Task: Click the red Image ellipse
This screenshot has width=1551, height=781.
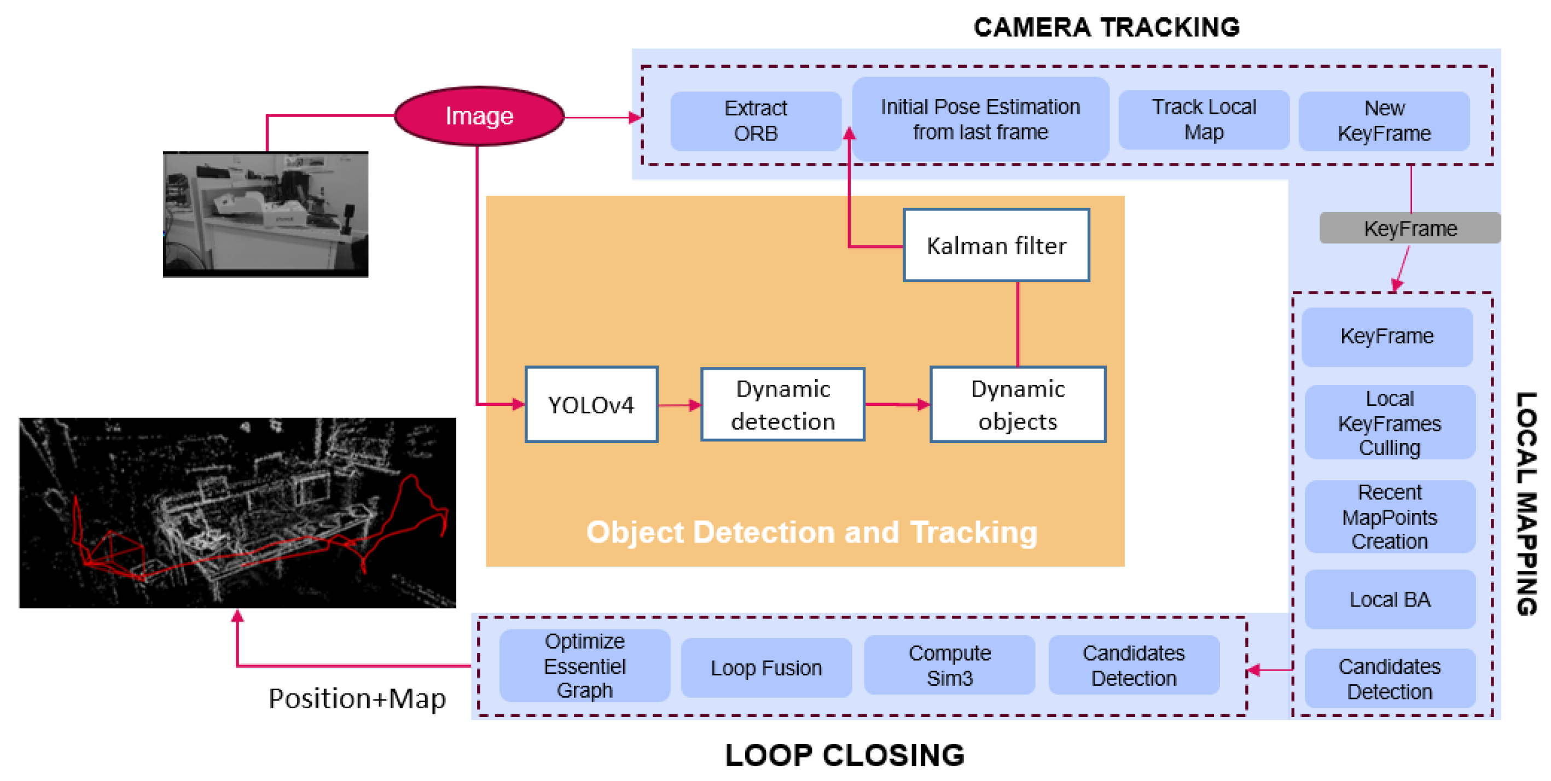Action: click(x=479, y=115)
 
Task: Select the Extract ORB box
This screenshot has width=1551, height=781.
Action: click(x=755, y=121)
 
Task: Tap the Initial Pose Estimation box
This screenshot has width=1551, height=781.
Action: click(x=980, y=119)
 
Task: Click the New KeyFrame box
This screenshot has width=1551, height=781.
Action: click(x=1384, y=121)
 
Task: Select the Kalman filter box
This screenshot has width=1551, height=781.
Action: click(x=996, y=245)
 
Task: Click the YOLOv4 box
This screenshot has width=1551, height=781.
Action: click(x=591, y=404)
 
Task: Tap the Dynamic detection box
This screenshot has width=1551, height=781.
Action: click(x=782, y=404)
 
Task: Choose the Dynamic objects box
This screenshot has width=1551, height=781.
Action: click(x=1017, y=404)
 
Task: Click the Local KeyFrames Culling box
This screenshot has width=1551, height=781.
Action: click(x=1389, y=423)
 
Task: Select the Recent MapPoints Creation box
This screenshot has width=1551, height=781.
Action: click(x=1389, y=517)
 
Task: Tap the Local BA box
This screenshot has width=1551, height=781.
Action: click(x=1389, y=599)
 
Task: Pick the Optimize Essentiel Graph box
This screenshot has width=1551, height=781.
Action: click(x=584, y=666)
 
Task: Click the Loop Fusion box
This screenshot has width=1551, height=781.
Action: click(x=765, y=667)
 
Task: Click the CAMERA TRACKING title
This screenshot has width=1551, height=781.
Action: click(x=1106, y=27)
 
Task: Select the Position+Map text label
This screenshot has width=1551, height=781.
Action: click(x=357, y=698)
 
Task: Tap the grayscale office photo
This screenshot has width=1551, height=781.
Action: click(x=265, y=214)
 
